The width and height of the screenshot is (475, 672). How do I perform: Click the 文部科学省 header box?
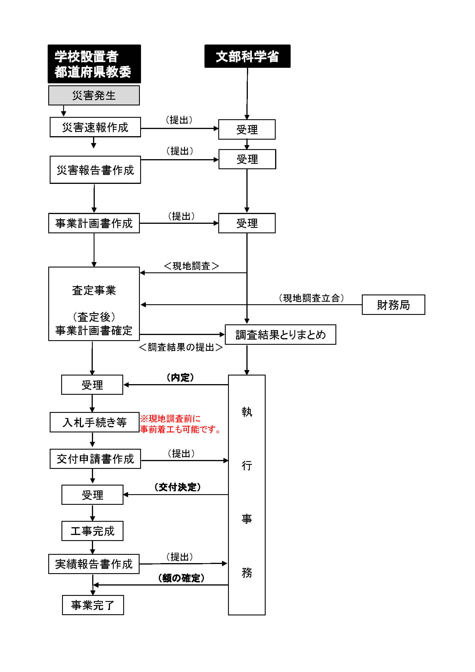[x=247, y=56]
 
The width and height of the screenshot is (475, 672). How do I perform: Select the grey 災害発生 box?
[x=94, y=95]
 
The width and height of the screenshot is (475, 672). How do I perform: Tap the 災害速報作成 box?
[x=95, y=127]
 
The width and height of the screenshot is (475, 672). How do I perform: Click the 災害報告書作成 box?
[x=95, y=170]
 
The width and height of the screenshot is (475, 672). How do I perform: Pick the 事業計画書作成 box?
[x=94, y=223]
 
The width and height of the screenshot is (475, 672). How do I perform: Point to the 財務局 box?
[x=393, y=305]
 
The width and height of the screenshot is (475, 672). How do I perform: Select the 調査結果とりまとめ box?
[x=280, y=334]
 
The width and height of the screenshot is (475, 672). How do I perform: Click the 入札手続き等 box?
[x=94, y=422]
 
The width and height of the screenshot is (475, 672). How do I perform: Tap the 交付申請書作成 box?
[x=95, y=459]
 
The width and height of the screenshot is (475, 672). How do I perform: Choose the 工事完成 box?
[x=92, y=531]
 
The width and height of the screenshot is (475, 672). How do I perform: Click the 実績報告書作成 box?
[x=94, y=564]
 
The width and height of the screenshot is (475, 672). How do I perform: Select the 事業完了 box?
[x=93, y=605]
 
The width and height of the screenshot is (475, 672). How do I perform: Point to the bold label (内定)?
[x=180, y=378]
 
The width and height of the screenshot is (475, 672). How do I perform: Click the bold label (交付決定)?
[x=177, y=487]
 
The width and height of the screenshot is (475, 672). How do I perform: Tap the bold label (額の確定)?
[x=181, y=578]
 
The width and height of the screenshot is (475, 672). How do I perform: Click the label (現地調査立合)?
[x=311, y=298]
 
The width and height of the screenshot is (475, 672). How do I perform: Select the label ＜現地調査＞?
[x=191, y=266]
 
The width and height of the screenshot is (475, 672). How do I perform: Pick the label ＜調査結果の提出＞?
[x=181, y=347]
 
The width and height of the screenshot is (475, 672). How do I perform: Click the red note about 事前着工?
[x=179, y=424]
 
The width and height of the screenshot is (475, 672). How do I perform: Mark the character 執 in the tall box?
[x=247, y=412]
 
